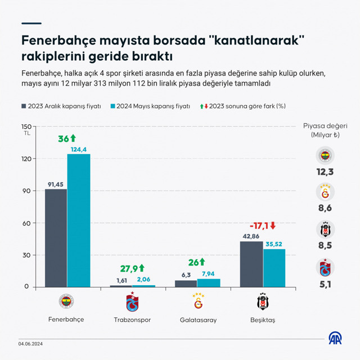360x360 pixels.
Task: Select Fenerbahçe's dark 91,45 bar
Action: tap(56, 238)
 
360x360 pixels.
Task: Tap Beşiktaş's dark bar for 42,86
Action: tap(251, 264)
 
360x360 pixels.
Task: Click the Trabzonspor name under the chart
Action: tap(132, 319)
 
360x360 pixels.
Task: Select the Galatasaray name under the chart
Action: tap(197, 319)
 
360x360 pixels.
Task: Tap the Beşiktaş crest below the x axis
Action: tap(262, 302)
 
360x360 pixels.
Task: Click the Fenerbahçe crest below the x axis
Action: tap(67, 302)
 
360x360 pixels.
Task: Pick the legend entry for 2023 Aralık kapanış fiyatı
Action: tap(61, 105)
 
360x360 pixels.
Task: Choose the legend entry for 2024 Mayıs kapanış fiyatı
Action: tap(150, 105)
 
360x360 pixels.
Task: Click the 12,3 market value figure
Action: tap(325, 171)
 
